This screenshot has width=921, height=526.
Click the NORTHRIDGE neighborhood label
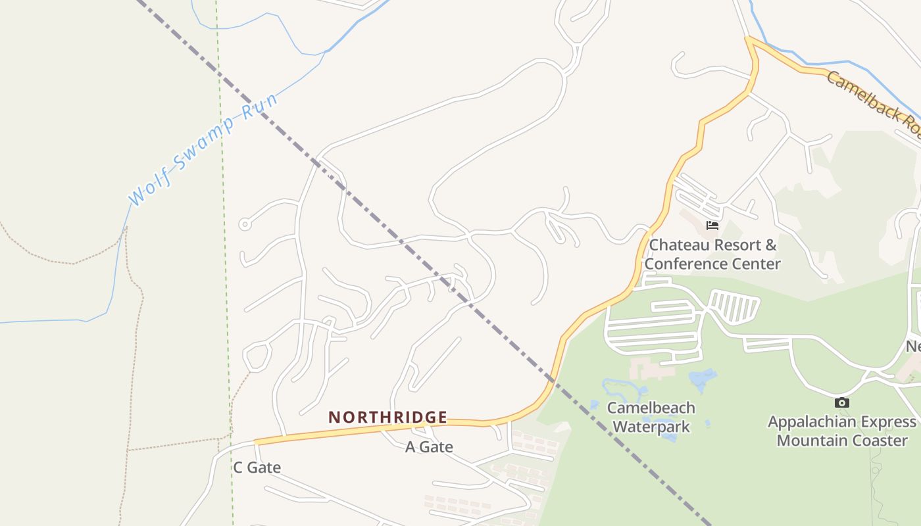(x=388, y=417)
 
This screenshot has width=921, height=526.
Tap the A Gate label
(x=429, y=447)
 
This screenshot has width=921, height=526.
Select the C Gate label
(x=257, y=467)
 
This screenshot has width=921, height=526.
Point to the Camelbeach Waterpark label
(x=651, y=417)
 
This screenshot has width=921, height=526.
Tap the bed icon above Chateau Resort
(x=712, y=226)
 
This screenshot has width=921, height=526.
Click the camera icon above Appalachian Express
(x=841, y=402)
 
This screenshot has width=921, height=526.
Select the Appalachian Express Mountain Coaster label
(x=842, y=431)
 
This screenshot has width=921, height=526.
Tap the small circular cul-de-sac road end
(x=245, y=224)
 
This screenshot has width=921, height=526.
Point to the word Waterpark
(x=651, y=427)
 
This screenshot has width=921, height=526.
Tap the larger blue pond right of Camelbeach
(x=702, y=379)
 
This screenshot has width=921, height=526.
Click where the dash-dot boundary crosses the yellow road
(x=553, y=380)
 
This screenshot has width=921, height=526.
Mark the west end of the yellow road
(x=256, y=442)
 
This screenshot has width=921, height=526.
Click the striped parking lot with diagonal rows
(x=735, y=306)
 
